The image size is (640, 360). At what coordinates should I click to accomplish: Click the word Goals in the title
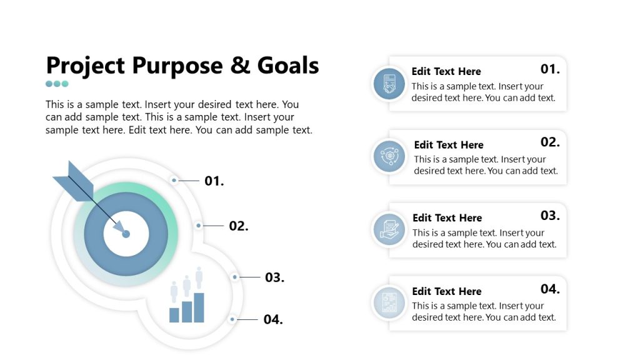pos(287,65)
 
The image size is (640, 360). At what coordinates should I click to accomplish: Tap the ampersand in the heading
pos(240,65)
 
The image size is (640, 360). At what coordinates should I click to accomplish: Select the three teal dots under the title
pos(57,84)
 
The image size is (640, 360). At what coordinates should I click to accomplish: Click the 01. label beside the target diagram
pos(214,181)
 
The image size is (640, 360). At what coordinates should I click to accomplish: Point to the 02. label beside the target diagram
pos(239,226)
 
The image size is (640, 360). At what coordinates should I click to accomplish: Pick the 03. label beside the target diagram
pos(275,277)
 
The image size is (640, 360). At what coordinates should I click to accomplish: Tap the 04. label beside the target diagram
pos(273,319)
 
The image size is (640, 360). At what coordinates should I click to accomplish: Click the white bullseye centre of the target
pos(126,234)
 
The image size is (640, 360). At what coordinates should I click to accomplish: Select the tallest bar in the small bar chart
pos(199,307)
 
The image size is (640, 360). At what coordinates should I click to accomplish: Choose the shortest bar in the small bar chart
pos(174,315)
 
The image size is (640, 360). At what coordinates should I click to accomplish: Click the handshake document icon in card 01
pos(389,84)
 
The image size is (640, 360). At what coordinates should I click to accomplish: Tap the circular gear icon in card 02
pos(389,156)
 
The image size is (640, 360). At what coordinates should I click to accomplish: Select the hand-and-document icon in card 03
pos(389,229)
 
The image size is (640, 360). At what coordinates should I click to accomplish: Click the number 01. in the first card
pos(550,69)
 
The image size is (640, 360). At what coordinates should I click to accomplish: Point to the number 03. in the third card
pos(550,216)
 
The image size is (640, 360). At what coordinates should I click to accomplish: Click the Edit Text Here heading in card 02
pos(449,145)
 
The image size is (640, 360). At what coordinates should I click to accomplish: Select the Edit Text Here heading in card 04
pos(446,291)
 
